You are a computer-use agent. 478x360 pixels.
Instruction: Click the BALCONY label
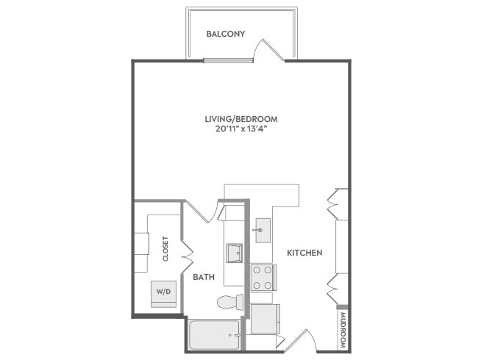click(x=225, y=34)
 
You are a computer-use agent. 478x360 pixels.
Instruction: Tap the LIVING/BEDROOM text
click(x=241, y=118)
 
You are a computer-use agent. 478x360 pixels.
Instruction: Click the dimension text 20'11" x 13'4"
click(x=241, y=129)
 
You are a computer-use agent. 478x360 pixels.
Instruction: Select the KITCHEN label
click(x=305, y=253)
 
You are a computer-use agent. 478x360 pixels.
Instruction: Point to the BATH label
click(x=204, y=277)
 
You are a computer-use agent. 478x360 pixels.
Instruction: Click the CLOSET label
click(x=166, y=248)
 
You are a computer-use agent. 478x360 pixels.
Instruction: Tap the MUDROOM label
click(x=342, y=331)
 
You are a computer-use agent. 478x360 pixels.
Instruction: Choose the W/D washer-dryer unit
click(x=163, y=292)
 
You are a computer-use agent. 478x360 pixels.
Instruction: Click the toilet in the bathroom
click(x=231, y=302)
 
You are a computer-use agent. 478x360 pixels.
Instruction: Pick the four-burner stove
click(x=261, y=277)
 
